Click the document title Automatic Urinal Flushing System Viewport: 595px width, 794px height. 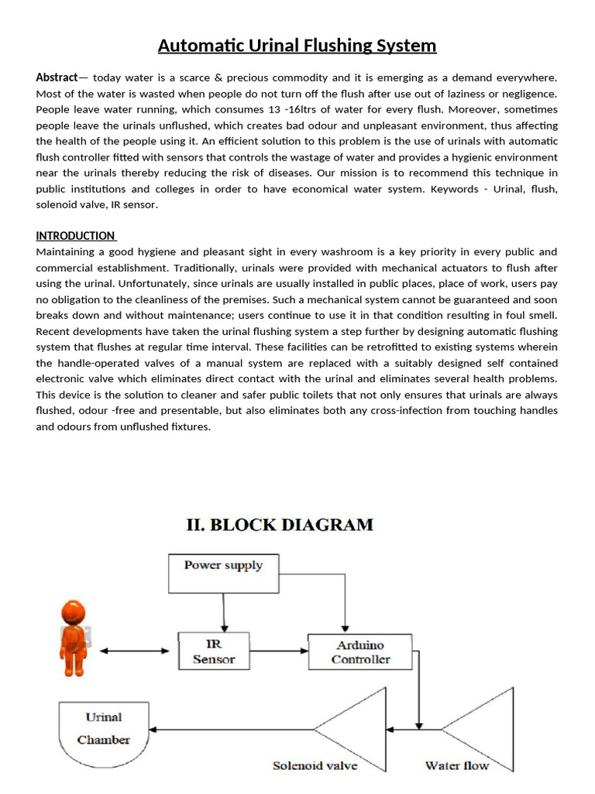297,46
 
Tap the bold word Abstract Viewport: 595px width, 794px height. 57,78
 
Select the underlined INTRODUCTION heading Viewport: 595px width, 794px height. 75,236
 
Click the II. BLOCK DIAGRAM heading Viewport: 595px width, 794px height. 280,525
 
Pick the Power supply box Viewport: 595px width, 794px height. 223,574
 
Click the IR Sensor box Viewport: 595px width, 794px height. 214,652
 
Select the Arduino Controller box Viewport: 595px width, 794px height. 360,652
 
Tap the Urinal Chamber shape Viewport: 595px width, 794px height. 103,729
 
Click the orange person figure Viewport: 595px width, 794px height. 73,638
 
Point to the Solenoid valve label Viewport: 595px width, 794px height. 315,766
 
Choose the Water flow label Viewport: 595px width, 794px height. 457,766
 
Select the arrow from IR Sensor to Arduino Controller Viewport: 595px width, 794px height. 280,651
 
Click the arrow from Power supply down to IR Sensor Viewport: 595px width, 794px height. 223,613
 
